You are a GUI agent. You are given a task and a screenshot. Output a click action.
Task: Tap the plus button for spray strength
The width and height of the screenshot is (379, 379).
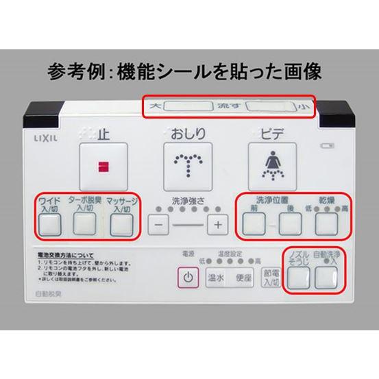pyautogui.click(x=218, y=224)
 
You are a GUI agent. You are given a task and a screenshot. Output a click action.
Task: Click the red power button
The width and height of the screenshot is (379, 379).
pyautogui.click(x=188, y=278)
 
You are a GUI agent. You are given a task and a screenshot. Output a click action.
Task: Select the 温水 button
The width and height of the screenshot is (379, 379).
pyautogui.click(x=216, y=278)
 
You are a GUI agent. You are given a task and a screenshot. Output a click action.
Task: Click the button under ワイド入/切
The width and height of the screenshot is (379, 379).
pyautogui.click(x=48, y=224)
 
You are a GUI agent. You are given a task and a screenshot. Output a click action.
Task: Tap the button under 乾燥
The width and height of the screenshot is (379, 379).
pyautogui.click(x=326, y=224)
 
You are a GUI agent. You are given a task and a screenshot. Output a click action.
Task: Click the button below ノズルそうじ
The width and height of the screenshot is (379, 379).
pyautogui.click(x=297, y=277)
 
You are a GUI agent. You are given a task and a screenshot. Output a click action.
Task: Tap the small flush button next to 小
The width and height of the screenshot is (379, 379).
pyautogui.click(x=270, y=107)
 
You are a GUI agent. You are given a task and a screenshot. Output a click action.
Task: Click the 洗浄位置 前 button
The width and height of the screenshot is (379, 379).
pyautogui.click(x=253, y=224)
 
